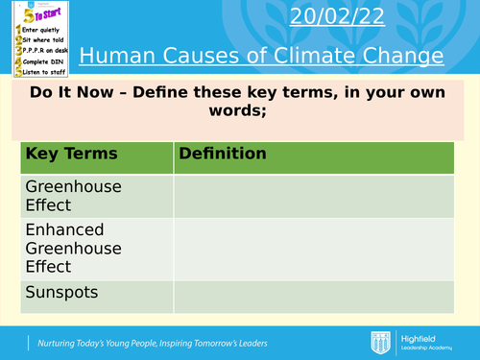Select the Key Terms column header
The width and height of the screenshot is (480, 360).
click(x=71, y=154)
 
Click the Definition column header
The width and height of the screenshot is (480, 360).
click(x=222, y=154)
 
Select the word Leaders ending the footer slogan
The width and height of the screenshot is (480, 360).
click(x=246, y=343)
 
